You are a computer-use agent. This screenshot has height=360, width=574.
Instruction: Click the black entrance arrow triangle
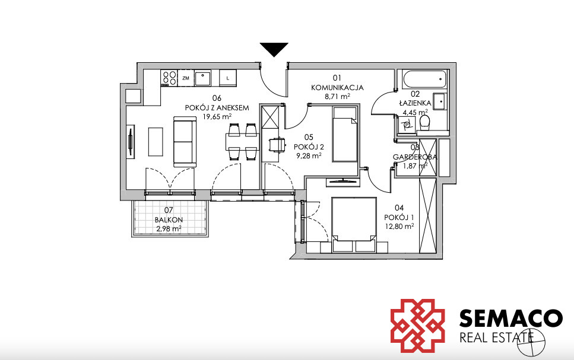tap(274, 48)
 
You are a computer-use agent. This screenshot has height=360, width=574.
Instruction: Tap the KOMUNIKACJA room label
tap(337, 88)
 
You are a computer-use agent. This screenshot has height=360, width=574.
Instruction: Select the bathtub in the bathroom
tap(424, 79)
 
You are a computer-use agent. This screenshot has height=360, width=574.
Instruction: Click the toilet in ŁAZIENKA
tap(424, 123)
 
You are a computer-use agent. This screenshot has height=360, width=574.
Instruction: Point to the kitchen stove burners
tap(169, 78)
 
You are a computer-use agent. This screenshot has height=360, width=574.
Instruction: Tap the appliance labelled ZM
tap(186, 78)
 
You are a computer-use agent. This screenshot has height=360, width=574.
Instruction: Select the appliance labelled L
tap(228, 78)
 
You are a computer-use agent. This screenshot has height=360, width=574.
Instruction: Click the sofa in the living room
tap(183, 142)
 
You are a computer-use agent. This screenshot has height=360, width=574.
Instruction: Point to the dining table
tap(242, 142)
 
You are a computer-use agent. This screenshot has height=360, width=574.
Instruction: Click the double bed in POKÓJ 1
tap(354, 225)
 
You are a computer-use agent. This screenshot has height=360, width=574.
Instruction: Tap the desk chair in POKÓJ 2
tap(277, 144)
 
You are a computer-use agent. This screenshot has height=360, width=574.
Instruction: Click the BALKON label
tap(169, 220)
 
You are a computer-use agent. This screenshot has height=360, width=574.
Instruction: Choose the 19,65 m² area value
tap(217, 117)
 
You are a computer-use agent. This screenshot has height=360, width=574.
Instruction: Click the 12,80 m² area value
tap(399, 226)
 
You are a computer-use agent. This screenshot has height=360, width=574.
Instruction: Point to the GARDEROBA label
tap(415, 157)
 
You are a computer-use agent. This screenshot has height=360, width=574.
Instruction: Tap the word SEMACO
tap(511, 318)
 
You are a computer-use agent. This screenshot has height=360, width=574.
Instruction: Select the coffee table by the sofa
tap(156, 142)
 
